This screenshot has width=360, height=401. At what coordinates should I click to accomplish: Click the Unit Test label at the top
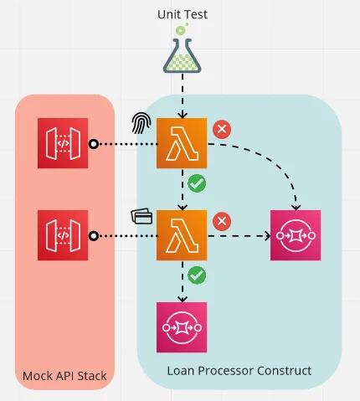click(182, 14)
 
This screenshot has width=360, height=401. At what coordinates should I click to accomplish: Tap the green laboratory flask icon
click(182, 51)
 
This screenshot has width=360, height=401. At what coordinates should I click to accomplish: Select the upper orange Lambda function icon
click(182, 144)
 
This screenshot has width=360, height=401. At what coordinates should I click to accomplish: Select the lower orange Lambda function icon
click(182, 235)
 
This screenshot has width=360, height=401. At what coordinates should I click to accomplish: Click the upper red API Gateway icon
click(63, 144)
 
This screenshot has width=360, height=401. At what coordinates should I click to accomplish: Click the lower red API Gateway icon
click(63, 235)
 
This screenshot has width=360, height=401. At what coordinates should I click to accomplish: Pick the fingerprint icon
click(142, 124)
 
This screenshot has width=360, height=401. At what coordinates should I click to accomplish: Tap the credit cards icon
click(142, 217)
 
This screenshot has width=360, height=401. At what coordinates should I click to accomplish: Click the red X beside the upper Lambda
click(222, 129)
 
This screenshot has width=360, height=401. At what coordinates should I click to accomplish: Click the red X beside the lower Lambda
click(222, 221)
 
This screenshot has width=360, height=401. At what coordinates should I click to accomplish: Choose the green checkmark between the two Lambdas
click(198, 183)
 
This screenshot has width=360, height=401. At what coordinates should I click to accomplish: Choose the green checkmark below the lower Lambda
click(198, 275)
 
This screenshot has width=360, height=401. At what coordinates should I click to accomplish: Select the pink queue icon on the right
click(296, 235)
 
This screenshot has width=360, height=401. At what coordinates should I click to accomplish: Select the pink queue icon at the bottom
click(182, 326)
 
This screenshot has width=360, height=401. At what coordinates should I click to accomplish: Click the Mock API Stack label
click(64, 376)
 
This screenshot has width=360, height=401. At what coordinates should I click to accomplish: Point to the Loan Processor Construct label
click(239, 370)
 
